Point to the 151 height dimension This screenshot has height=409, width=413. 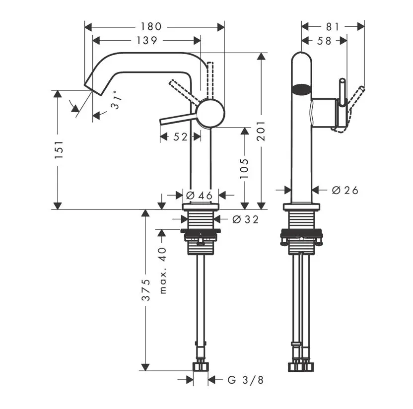[x=58, y=150]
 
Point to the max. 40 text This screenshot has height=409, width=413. [x=162, y=271]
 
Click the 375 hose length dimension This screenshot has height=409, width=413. [x=145, y=290]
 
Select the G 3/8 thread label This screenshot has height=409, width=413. [x=245, y=380]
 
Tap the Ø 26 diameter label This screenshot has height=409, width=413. [x=344, y=190]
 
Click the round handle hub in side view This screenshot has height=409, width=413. [x=210, y=113]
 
